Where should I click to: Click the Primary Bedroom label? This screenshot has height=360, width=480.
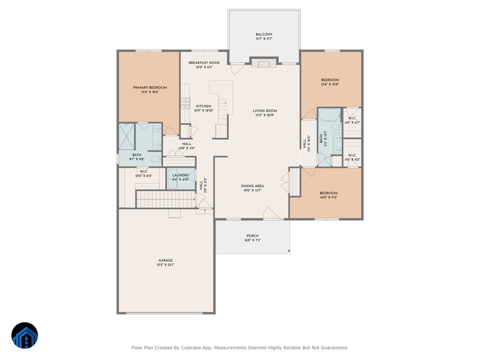[150, 88]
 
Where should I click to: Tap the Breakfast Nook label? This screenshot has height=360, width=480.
[204, 63]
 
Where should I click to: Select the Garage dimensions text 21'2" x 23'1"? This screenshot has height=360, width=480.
[166, 265]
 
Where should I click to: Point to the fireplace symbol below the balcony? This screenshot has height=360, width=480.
[264, 63]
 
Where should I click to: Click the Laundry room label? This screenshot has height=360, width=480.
[180, 175]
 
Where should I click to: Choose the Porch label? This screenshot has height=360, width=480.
[252, 236]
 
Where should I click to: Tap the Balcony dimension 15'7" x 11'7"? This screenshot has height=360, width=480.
[264, 39]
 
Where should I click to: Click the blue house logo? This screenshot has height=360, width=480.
[25, 335]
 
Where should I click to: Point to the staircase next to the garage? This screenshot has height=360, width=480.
[166, 199]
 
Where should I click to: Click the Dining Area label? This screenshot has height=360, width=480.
[252, 186]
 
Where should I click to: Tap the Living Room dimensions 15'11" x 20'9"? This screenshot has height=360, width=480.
[265, 115]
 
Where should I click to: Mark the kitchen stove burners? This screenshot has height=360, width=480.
[185, 103]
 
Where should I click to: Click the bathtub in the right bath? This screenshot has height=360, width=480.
[329, 115]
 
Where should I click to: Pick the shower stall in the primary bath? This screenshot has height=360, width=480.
[127, 137]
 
